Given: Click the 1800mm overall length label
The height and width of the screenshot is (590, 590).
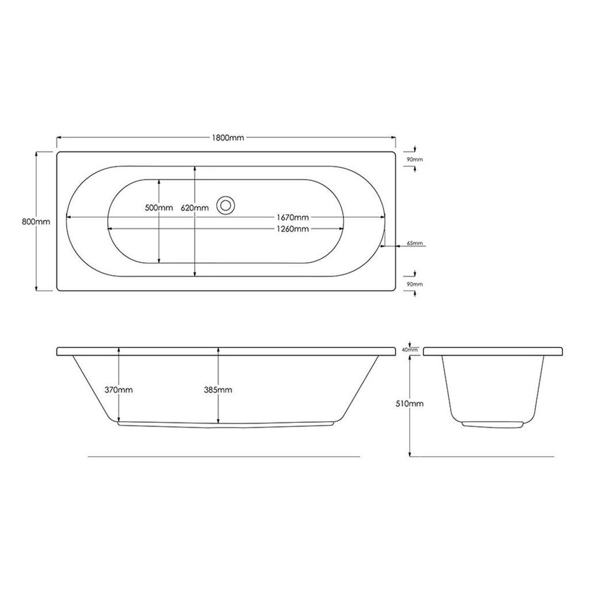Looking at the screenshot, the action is point(228,138).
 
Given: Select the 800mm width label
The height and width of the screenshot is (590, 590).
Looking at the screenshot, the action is point(36,222).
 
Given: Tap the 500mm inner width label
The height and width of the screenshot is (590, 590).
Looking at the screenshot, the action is point(159,207).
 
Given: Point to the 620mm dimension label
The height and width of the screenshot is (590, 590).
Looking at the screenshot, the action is point(195,207).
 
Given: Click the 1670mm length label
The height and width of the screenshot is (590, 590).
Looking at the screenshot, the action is point(292,217).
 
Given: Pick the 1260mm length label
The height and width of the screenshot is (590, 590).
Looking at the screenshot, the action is point(292,228).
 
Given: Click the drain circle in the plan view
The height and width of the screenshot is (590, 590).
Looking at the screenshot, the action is point(226,205).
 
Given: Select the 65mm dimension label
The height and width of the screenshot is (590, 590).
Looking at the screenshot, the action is point(415,243).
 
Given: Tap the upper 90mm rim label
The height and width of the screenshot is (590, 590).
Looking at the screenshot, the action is point(415,159).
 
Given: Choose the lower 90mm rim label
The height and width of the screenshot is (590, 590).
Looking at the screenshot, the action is point(415,284).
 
